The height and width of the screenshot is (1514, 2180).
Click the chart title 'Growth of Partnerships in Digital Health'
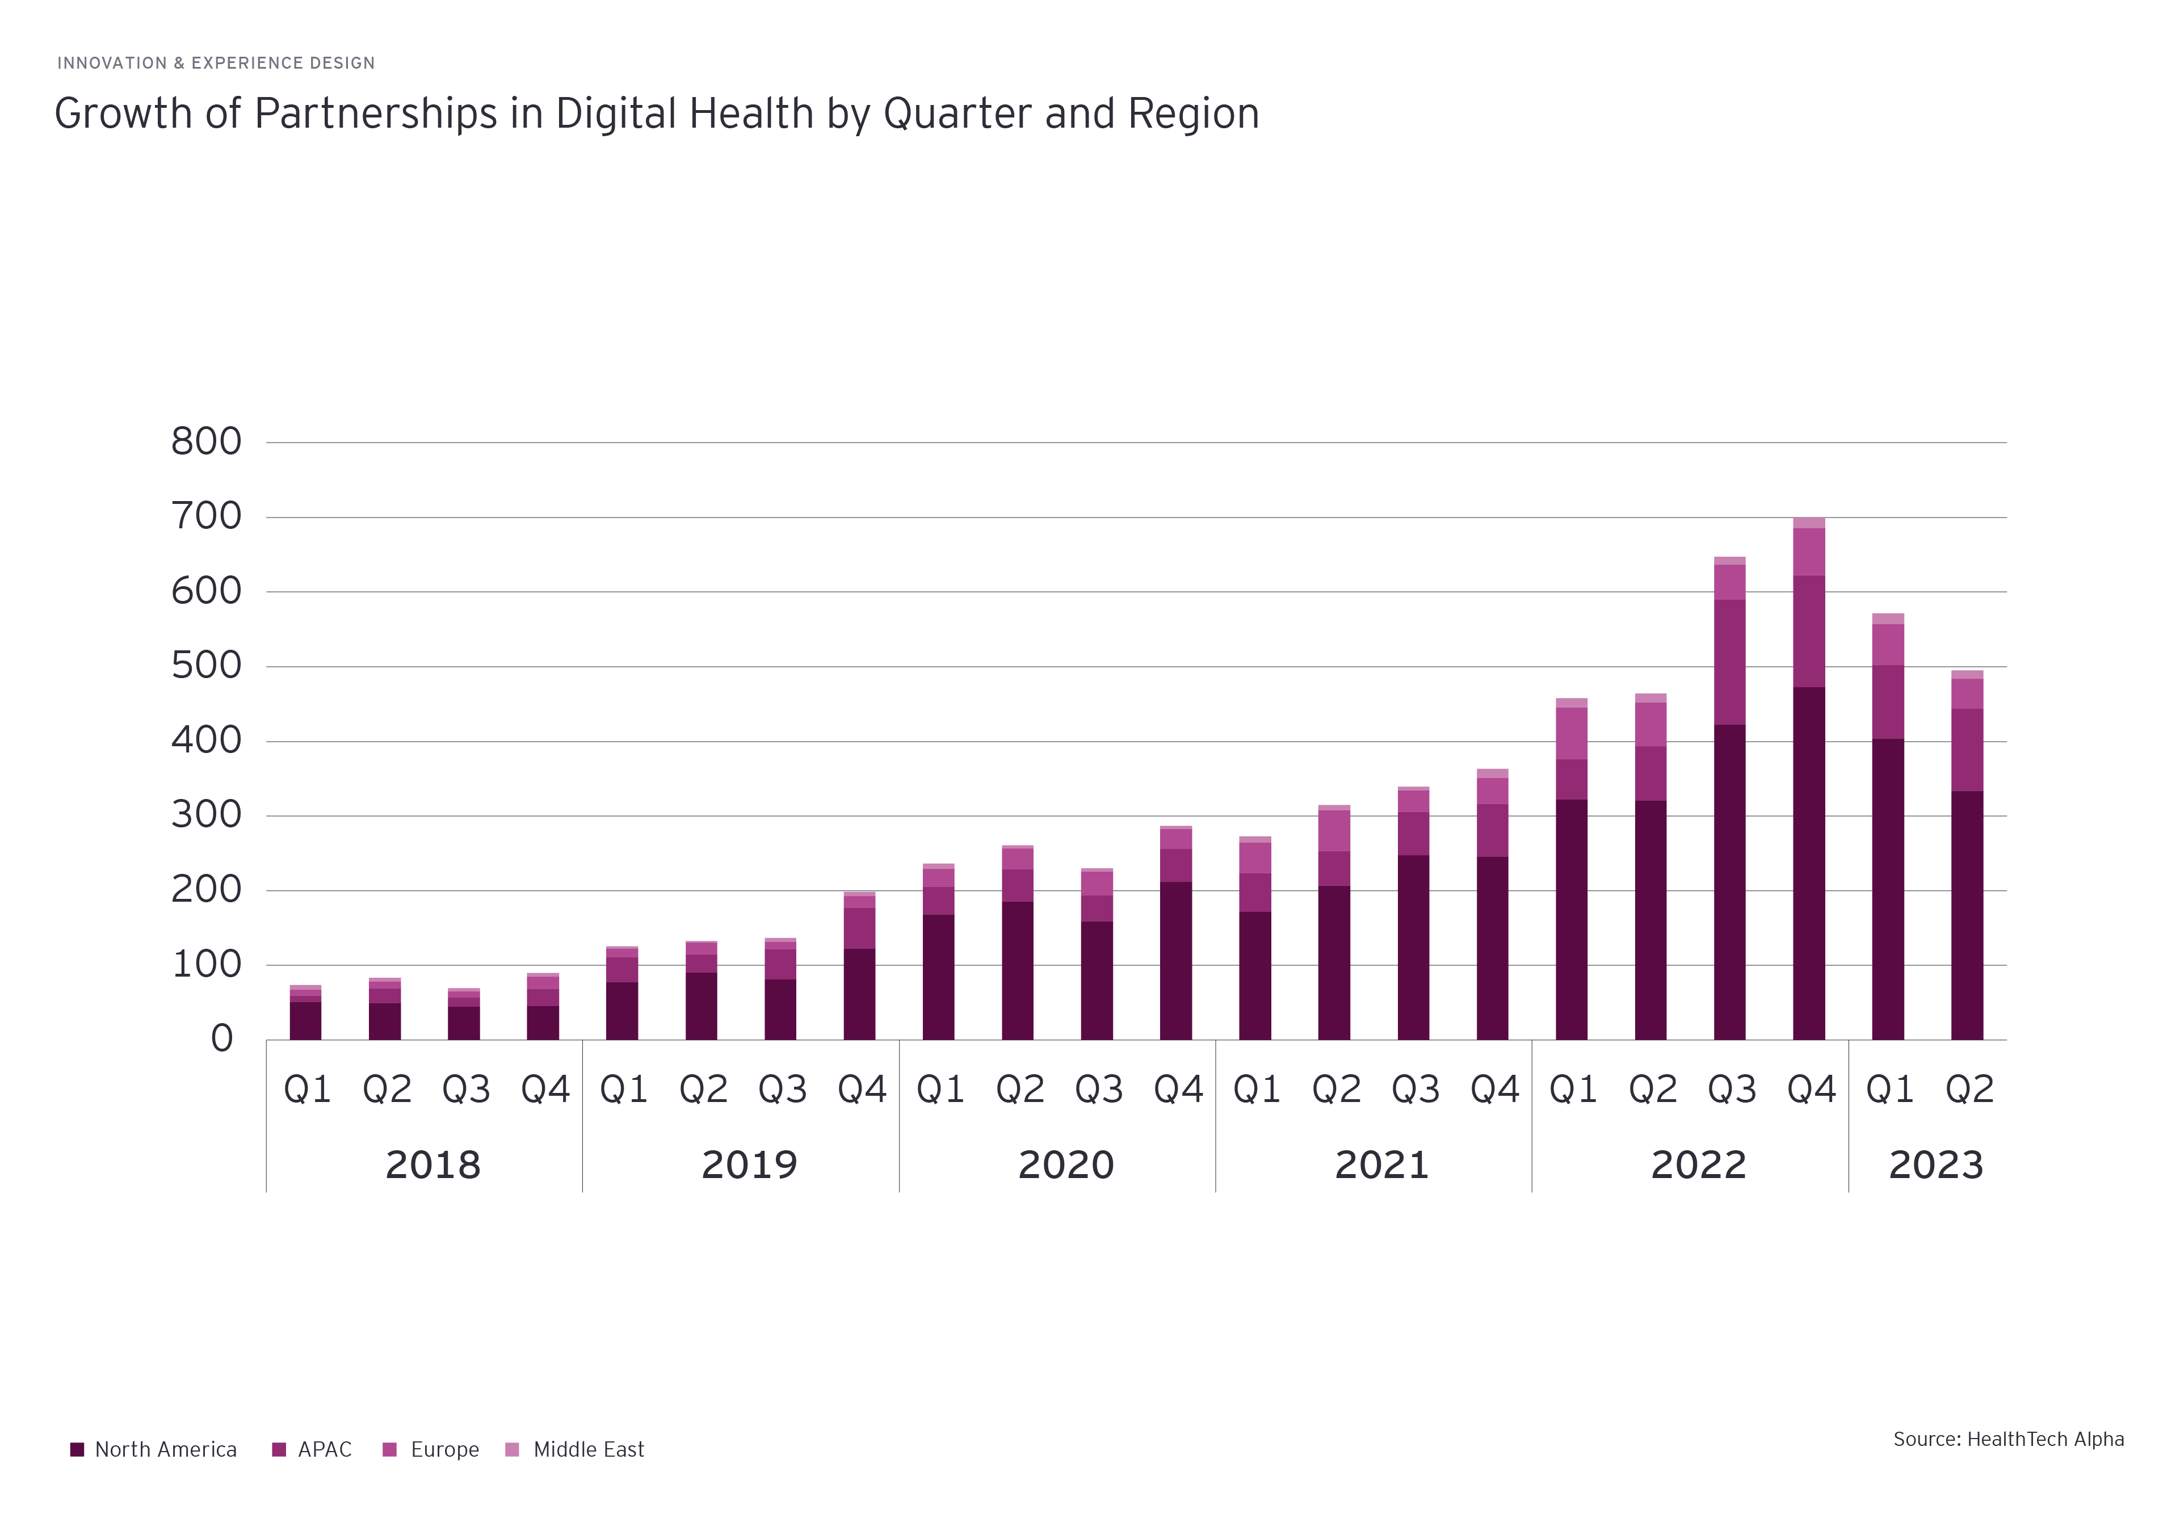point(657,114)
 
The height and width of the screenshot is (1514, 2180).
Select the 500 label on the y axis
point(206,666)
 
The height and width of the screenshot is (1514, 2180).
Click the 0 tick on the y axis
point(222,1038)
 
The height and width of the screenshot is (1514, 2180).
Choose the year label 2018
point(432,1165)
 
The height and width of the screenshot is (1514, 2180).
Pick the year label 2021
point(1381,1165)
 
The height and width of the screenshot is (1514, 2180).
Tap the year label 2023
point(1935,1165)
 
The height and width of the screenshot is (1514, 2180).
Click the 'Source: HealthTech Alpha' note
point(2008,1439)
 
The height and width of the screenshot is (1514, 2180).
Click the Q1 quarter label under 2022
point(1573,1089)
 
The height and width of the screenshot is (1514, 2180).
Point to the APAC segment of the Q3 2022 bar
point(1729,662)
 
